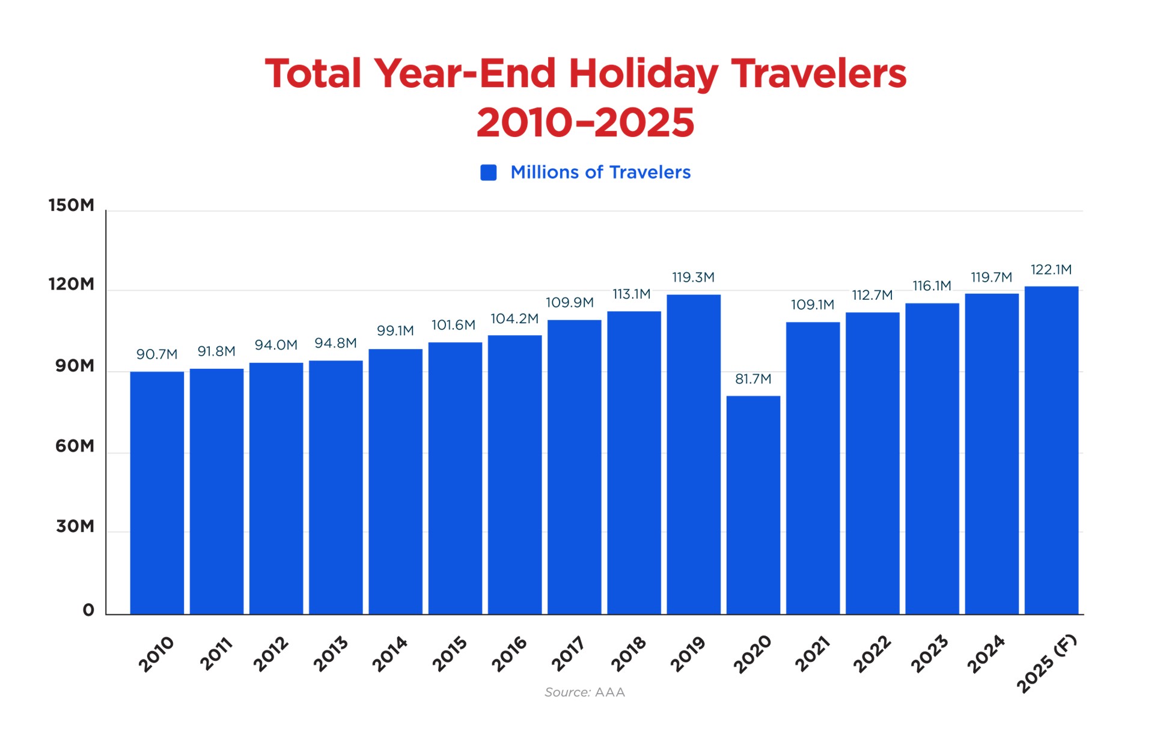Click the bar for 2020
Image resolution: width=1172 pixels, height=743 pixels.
tap(753, 505)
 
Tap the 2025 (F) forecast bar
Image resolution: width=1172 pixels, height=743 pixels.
tap(1051, 450)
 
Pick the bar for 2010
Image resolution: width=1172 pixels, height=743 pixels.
tap(157, 493)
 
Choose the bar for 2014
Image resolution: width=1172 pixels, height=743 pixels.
tap(395, 481)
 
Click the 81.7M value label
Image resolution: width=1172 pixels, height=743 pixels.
tap(753, 379)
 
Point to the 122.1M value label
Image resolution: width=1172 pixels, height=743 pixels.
tap(1051, 270)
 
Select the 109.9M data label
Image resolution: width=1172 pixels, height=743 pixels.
tap(569, 303)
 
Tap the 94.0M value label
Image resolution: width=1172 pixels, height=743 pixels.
tap(276, 345)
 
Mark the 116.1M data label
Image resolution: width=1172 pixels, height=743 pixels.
tap(932, 286)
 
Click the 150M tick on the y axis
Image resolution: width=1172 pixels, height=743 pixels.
tap(72, 205)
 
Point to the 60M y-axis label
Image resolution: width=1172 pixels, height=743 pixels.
tap(75, 446)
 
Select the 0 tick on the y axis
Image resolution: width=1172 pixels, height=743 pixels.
tap(88, 611)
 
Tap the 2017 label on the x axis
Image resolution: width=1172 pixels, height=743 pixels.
tap(568, 654)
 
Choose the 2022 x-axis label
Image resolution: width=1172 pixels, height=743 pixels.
tap(871, 654)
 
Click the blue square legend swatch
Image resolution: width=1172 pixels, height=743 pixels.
tap(489, 173)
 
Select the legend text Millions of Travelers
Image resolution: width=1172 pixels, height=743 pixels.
tap(600, 172)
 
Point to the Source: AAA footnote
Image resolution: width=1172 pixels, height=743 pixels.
tap(585, 693)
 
